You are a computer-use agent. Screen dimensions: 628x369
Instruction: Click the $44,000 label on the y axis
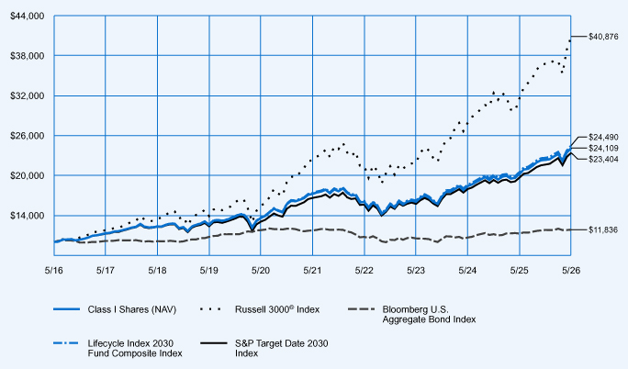27,16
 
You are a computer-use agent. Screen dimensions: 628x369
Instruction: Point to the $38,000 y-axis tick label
27,56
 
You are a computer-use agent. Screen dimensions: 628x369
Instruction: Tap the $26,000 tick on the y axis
27,136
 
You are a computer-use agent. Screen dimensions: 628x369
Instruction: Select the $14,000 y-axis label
27,216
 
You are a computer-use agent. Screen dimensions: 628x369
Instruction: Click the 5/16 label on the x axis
53,271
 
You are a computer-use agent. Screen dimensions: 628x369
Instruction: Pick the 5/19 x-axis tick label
208,271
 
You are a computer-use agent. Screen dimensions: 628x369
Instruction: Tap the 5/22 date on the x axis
364,271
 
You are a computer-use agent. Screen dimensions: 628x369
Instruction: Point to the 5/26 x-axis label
571,271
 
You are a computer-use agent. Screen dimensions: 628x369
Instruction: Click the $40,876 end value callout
603,37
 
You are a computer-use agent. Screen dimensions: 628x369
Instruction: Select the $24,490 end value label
603,137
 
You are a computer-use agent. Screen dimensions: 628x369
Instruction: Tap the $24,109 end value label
603,148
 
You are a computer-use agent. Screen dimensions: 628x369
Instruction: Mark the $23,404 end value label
603,160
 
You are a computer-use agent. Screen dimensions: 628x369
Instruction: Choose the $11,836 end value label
603,229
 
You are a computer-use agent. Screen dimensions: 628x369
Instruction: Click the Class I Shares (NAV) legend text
132,309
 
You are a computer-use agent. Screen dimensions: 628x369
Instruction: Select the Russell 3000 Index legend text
277,309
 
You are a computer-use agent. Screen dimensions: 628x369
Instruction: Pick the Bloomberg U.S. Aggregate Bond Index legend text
429,314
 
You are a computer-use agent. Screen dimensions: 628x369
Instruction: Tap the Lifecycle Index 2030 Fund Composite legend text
135,348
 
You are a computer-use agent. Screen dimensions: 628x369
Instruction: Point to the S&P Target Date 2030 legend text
282,348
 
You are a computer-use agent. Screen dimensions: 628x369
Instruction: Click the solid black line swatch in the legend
214,343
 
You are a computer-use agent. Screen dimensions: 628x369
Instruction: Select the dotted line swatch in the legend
210,309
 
